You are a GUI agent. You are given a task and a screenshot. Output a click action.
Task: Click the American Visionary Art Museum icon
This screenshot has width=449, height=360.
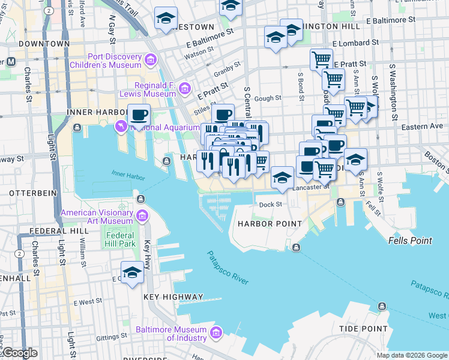142,216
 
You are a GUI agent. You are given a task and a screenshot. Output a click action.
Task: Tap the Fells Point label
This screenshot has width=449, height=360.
409,241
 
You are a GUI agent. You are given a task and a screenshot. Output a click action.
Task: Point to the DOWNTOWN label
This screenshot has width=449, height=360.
44,44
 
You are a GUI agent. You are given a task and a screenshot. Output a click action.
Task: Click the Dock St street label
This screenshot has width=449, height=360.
270,205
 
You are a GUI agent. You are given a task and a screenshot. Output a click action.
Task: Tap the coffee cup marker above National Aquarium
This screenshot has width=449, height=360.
139,114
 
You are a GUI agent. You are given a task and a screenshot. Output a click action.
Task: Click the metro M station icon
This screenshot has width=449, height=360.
11,62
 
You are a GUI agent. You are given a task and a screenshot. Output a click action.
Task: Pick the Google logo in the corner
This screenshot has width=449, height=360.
19,353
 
